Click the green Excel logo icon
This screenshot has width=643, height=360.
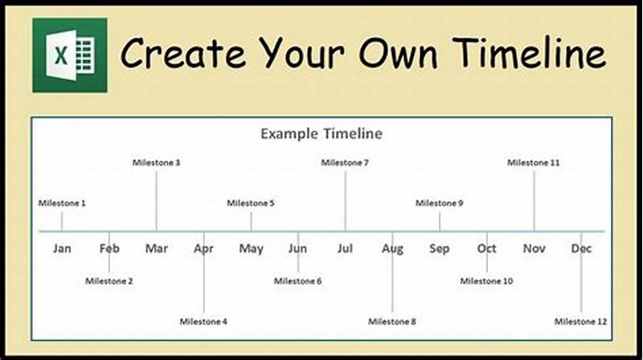click(69, 55)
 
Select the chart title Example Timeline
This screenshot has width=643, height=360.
click(321, 133)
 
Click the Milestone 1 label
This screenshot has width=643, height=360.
click(62, 203)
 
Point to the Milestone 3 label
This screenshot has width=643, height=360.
click(156, 162)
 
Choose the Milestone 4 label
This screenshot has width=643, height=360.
click(203, 321)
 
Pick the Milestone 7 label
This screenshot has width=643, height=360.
click(345, 162)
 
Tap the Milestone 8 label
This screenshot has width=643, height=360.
click(392, 321)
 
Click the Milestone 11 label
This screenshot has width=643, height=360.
click(534, 162)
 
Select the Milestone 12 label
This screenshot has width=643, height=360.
click(581, 321)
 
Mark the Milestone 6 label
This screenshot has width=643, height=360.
click(297, 281)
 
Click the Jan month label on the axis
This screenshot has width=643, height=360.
click(62, 248)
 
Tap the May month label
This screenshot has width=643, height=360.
click(251, 248)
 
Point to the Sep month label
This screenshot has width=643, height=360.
click(440, 248)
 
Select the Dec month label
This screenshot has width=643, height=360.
click(581, 248)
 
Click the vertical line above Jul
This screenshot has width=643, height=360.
click(346, 201)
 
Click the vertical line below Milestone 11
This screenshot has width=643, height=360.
click(534, 201)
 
